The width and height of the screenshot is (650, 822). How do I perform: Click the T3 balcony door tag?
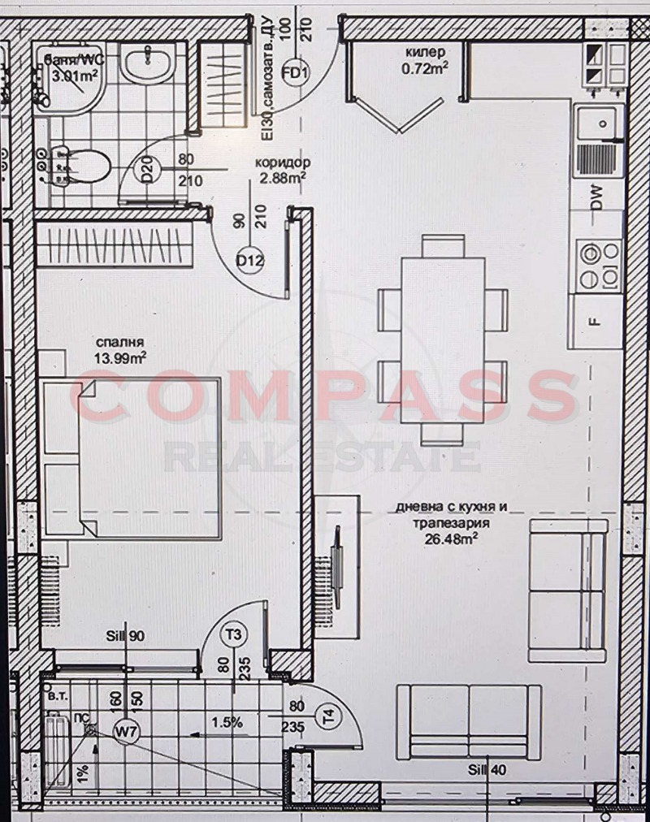236,633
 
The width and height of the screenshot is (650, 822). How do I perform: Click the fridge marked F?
596,319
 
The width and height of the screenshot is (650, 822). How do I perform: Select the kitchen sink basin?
600,123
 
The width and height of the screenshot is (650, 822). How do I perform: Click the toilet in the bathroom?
81,166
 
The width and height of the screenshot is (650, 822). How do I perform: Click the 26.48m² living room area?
451,536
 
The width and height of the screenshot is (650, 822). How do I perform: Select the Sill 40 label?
486,771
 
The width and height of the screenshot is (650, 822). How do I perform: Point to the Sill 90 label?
126,636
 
